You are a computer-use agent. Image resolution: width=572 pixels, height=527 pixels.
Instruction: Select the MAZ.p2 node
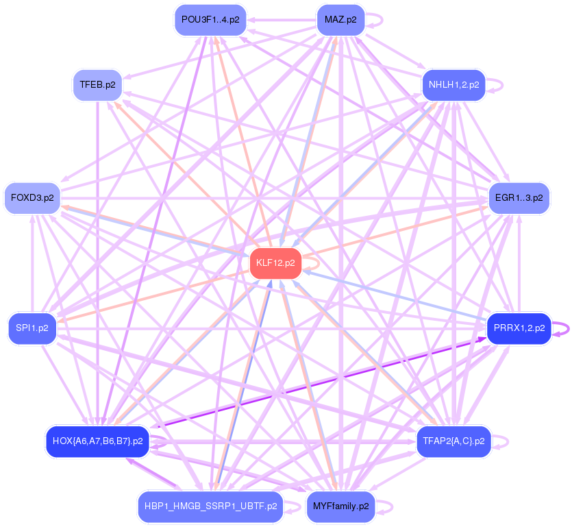click(x=340, y=20)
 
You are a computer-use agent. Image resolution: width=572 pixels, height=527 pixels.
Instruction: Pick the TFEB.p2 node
click(x=97, y=85)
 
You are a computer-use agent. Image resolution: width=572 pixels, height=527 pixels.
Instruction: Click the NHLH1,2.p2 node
click(x=453, y=85)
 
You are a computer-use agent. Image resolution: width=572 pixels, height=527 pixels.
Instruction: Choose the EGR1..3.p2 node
click(x=519, y=198)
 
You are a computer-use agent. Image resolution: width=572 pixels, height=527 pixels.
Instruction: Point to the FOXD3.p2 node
click(x=32, y=198)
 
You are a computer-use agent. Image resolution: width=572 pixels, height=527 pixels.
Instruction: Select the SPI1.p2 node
click(x=32, y=328)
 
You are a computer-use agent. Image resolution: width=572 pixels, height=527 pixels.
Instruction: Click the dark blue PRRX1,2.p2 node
click(x=519, y=328)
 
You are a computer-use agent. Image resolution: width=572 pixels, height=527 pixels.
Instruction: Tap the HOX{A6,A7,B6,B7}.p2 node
click(x=97, y=441)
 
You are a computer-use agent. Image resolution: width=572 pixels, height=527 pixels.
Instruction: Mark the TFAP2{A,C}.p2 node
click(x=453, y=441)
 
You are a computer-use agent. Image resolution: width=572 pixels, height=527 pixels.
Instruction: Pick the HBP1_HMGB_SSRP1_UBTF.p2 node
click(x=210, y=506)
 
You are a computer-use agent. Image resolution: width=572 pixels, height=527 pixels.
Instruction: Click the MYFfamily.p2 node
click(x=340, y=506)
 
